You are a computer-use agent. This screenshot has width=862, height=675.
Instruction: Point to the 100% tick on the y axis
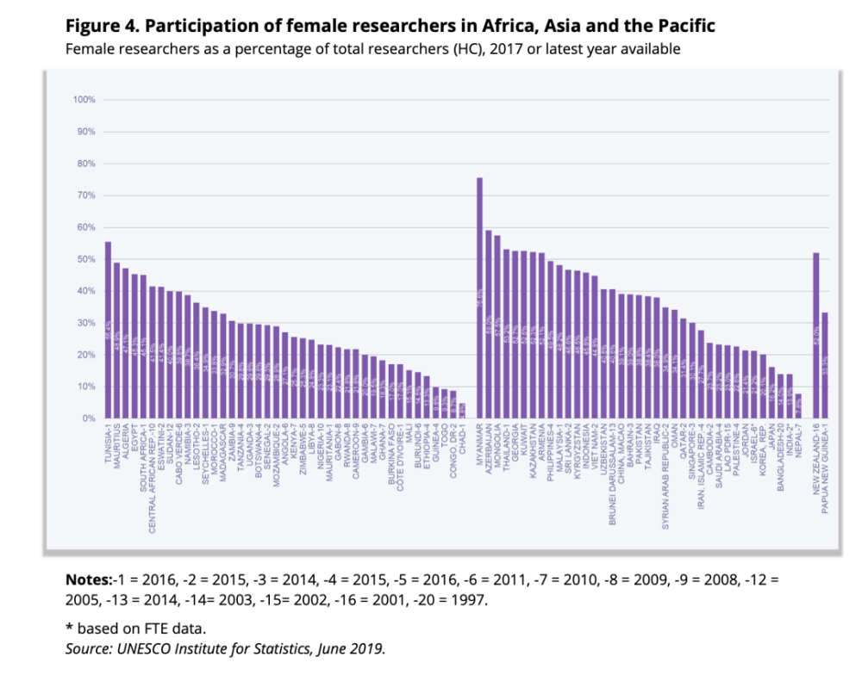(x=84, y=100)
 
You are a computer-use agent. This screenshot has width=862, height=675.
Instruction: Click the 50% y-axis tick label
(x=85, y=259)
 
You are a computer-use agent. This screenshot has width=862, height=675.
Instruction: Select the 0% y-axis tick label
(x=88, y=418)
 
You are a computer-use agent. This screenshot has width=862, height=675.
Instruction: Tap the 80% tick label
(x=85, y=164)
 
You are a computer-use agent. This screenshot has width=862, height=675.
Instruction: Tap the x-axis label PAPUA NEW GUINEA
(x=826, y=466)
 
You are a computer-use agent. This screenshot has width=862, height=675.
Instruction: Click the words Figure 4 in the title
(x=96, y=27)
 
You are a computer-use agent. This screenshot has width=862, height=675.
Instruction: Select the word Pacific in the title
(x=685, y=27)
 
